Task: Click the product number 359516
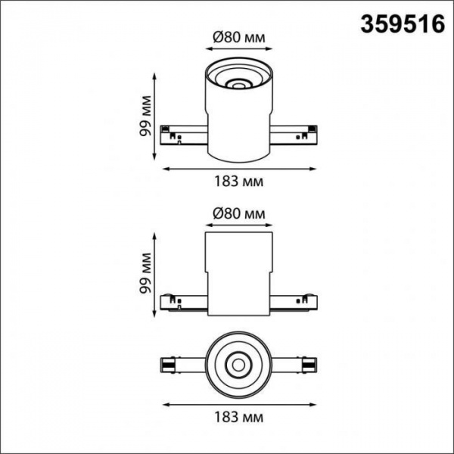pos(401,24)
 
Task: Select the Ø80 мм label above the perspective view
pos(238,35)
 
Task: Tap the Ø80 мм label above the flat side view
pos(238,214)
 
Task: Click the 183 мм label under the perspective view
pos(238,182)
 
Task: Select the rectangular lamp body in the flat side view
pos(238,272)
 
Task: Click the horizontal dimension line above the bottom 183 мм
pos(238,401)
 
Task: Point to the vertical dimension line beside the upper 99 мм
pos(155,117)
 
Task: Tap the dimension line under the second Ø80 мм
pos(238,225)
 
